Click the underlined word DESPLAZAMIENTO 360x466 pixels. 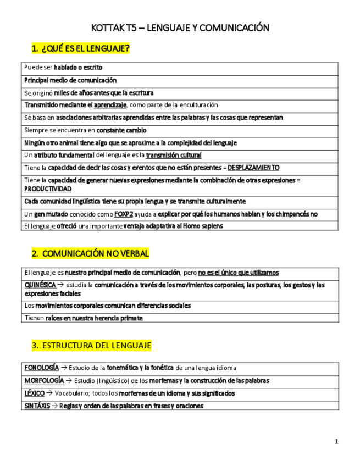(x=253, y=168)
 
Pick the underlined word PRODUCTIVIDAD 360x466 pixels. (x=48, y=188)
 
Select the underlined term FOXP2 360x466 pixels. (x=124, y=214)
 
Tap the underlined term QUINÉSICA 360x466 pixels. (x=40, y=285)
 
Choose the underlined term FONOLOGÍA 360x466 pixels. (x=42, y=368)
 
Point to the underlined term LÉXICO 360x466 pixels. (x=35, y=393)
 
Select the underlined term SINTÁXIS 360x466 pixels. (x=37, y=406)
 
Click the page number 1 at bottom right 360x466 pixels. (x=336, y=441)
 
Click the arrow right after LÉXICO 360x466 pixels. (x=49, y=393)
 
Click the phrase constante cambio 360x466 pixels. (x=121, y=131)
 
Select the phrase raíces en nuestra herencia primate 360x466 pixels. (x=96, y=318)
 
